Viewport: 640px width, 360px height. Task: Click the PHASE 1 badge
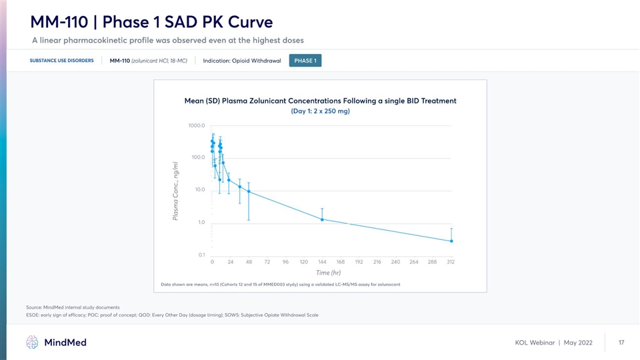pyautogui.click(x=305, y=61)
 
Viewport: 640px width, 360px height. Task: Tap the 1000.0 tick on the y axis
pyautogui.click(x=196, y=125)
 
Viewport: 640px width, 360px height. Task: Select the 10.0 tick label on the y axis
pyautogui.click(x=198, y=190)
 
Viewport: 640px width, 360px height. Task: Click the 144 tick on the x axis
pyautogui.click(x=322, y=262)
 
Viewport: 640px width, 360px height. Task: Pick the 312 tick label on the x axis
pyautogui.click(x=451, y=262)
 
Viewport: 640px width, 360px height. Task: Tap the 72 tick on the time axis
pyautogui.click(x=267, y=262)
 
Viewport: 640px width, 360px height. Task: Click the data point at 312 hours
pyautogui.click(x=451, y=241)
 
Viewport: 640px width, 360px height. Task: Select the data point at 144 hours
pyautogui.click(x=322, y=219)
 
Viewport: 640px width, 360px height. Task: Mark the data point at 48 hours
pyautogui.click(x=249, y=191)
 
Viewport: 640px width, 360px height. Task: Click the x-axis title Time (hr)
pyautogui.click(x=328, y=272)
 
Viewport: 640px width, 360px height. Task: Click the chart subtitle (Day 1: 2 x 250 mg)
pyautogui.click(x=320, y=111)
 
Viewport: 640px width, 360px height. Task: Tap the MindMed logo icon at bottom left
pyautogui.click(x=33, y=343)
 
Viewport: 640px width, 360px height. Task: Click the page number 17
pyautogui.click(x=621, y=343)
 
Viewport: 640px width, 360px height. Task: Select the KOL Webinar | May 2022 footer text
pyautogui.click(x=553, y=343)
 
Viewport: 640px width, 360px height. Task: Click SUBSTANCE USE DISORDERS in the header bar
pyautogui.click(x=61, y=61)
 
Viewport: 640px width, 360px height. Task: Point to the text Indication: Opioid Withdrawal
pyautogui.click(x=241, y=61)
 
